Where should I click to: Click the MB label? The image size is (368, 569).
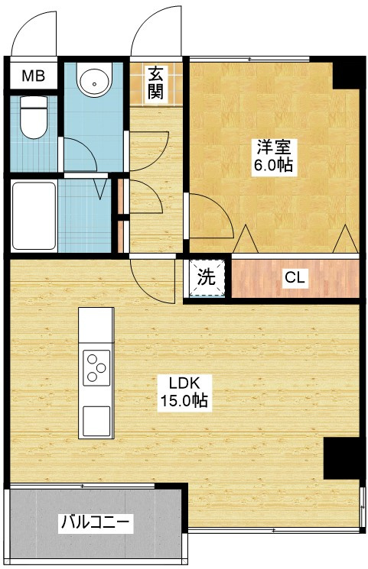click(33, 76)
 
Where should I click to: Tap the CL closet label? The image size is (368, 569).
click(295, 278)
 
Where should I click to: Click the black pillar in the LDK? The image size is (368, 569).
click(342, 461)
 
